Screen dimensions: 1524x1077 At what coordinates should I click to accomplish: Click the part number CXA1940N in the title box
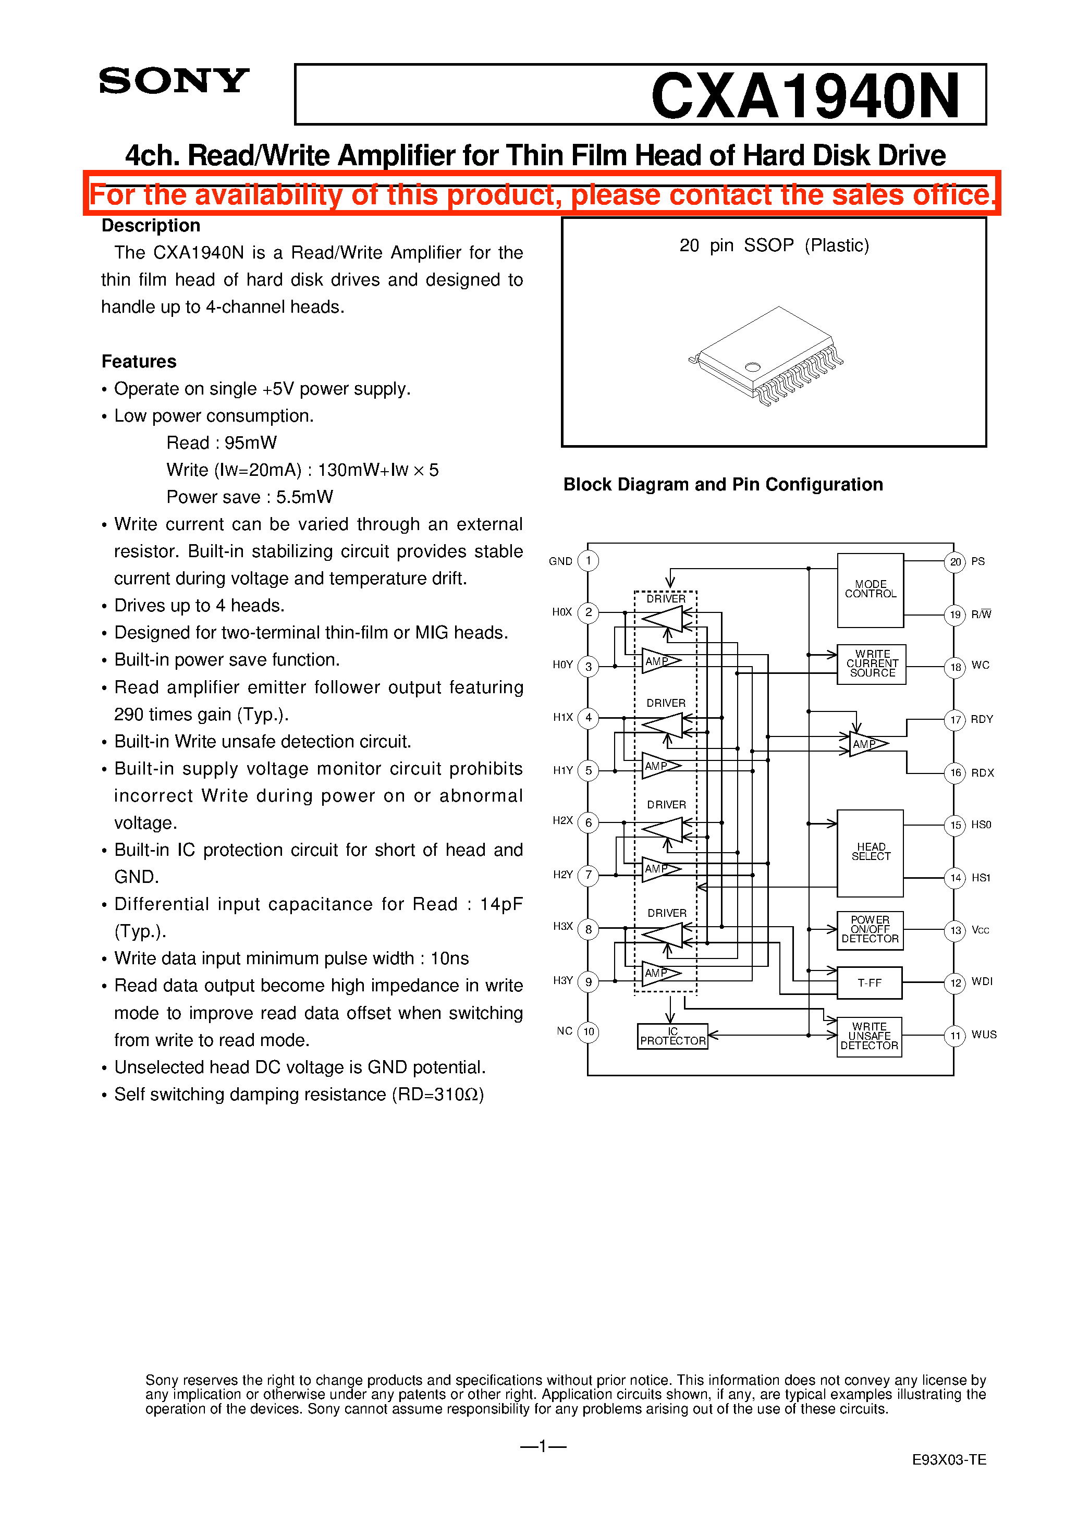click(x=805, y=96)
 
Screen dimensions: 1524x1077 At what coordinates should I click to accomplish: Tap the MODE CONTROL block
click(x=870, y=589)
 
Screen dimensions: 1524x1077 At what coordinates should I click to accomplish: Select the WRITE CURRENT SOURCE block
click(x=871, y=664)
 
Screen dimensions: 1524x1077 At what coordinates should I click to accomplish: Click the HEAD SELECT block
click(x=870, y=852)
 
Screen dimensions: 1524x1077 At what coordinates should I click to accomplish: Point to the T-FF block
click(x=869, y=983)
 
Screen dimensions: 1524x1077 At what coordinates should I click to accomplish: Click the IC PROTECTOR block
click(x=672, y=1036)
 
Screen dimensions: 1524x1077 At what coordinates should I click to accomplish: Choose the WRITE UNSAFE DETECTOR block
click(x=869, y=1036)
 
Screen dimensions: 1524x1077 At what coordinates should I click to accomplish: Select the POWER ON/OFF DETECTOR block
click(x=870, y=930)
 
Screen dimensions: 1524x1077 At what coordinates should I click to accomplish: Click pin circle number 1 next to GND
click(x=589, y=561)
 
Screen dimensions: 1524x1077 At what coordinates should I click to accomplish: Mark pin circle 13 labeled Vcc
click(x=955, y=930)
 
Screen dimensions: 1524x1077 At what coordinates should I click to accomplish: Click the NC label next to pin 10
click(x=565, y=1031)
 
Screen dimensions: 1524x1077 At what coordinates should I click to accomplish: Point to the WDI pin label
click(x=982, y=982)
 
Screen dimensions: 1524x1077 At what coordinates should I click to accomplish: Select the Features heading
click(x=139, y=362)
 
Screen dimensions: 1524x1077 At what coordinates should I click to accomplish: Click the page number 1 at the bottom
click(x=543, y=1446)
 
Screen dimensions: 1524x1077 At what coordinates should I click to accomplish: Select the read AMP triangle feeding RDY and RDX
click(x=866, y=744)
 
